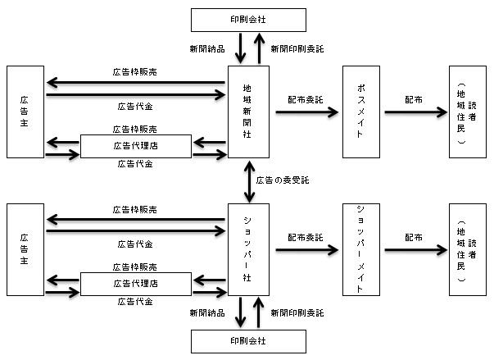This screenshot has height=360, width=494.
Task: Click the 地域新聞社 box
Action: click(248, 112)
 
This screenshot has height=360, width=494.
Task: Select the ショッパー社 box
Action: click(248, 249)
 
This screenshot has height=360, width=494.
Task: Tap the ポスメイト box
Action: click(361, 112)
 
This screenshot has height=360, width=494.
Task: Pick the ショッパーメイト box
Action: click(361, 249)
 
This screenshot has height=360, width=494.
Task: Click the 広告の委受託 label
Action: click(283, 180)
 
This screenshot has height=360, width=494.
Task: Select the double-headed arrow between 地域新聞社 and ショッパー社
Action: click(250, 181)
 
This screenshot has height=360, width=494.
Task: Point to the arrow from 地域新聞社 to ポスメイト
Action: click(307, 112)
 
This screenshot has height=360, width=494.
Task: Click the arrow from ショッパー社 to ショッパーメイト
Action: click(307, 250)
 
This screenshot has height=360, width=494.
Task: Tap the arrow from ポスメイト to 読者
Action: click(416, 112)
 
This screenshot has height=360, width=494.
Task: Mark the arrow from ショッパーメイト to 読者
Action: click(416, 250)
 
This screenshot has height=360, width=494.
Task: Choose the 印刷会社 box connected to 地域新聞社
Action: click(248, 20)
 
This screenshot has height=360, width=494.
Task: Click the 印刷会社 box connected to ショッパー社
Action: click(248, 341)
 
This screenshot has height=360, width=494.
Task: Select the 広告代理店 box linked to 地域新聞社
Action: click(136, 146)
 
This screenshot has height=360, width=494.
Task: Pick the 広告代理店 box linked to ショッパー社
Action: click(136, 284)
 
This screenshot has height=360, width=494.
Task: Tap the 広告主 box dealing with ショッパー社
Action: click(25, 249)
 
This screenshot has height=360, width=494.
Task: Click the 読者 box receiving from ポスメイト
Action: click(468, 112)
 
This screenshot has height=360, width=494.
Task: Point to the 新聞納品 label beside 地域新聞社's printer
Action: click(207, 49)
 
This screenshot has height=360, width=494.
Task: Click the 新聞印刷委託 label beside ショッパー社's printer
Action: click(297, 312)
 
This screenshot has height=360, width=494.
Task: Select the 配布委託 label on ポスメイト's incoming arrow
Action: click(306, 99)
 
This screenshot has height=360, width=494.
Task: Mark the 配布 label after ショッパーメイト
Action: click(414, 237)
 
